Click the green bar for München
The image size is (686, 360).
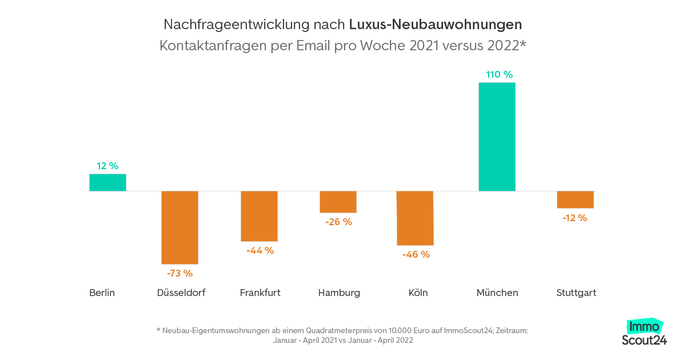497,137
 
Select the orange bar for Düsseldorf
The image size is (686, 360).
180,227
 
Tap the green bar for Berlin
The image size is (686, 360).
107,182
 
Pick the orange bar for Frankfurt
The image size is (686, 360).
259,216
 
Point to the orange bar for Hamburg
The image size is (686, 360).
338,202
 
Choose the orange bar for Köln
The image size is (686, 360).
415,218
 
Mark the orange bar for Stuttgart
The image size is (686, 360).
575,199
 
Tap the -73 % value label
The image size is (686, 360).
180,273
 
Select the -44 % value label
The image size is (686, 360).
260,250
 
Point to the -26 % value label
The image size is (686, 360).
338,222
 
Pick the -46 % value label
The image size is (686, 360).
416,254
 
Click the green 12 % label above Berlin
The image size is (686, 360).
107,166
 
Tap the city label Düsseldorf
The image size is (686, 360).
181,293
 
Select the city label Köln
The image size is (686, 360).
418,293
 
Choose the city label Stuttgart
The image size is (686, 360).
576,293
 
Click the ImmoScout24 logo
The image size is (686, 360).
644,333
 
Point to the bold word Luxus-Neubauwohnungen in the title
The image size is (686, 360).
435,25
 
